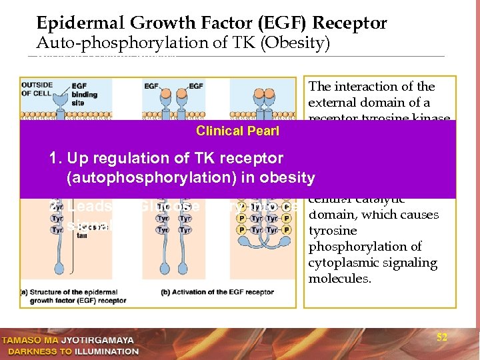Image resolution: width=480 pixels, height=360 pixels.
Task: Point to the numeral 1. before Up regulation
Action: click(56, 159)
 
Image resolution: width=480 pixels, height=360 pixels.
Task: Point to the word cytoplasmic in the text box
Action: click(340, 263)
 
